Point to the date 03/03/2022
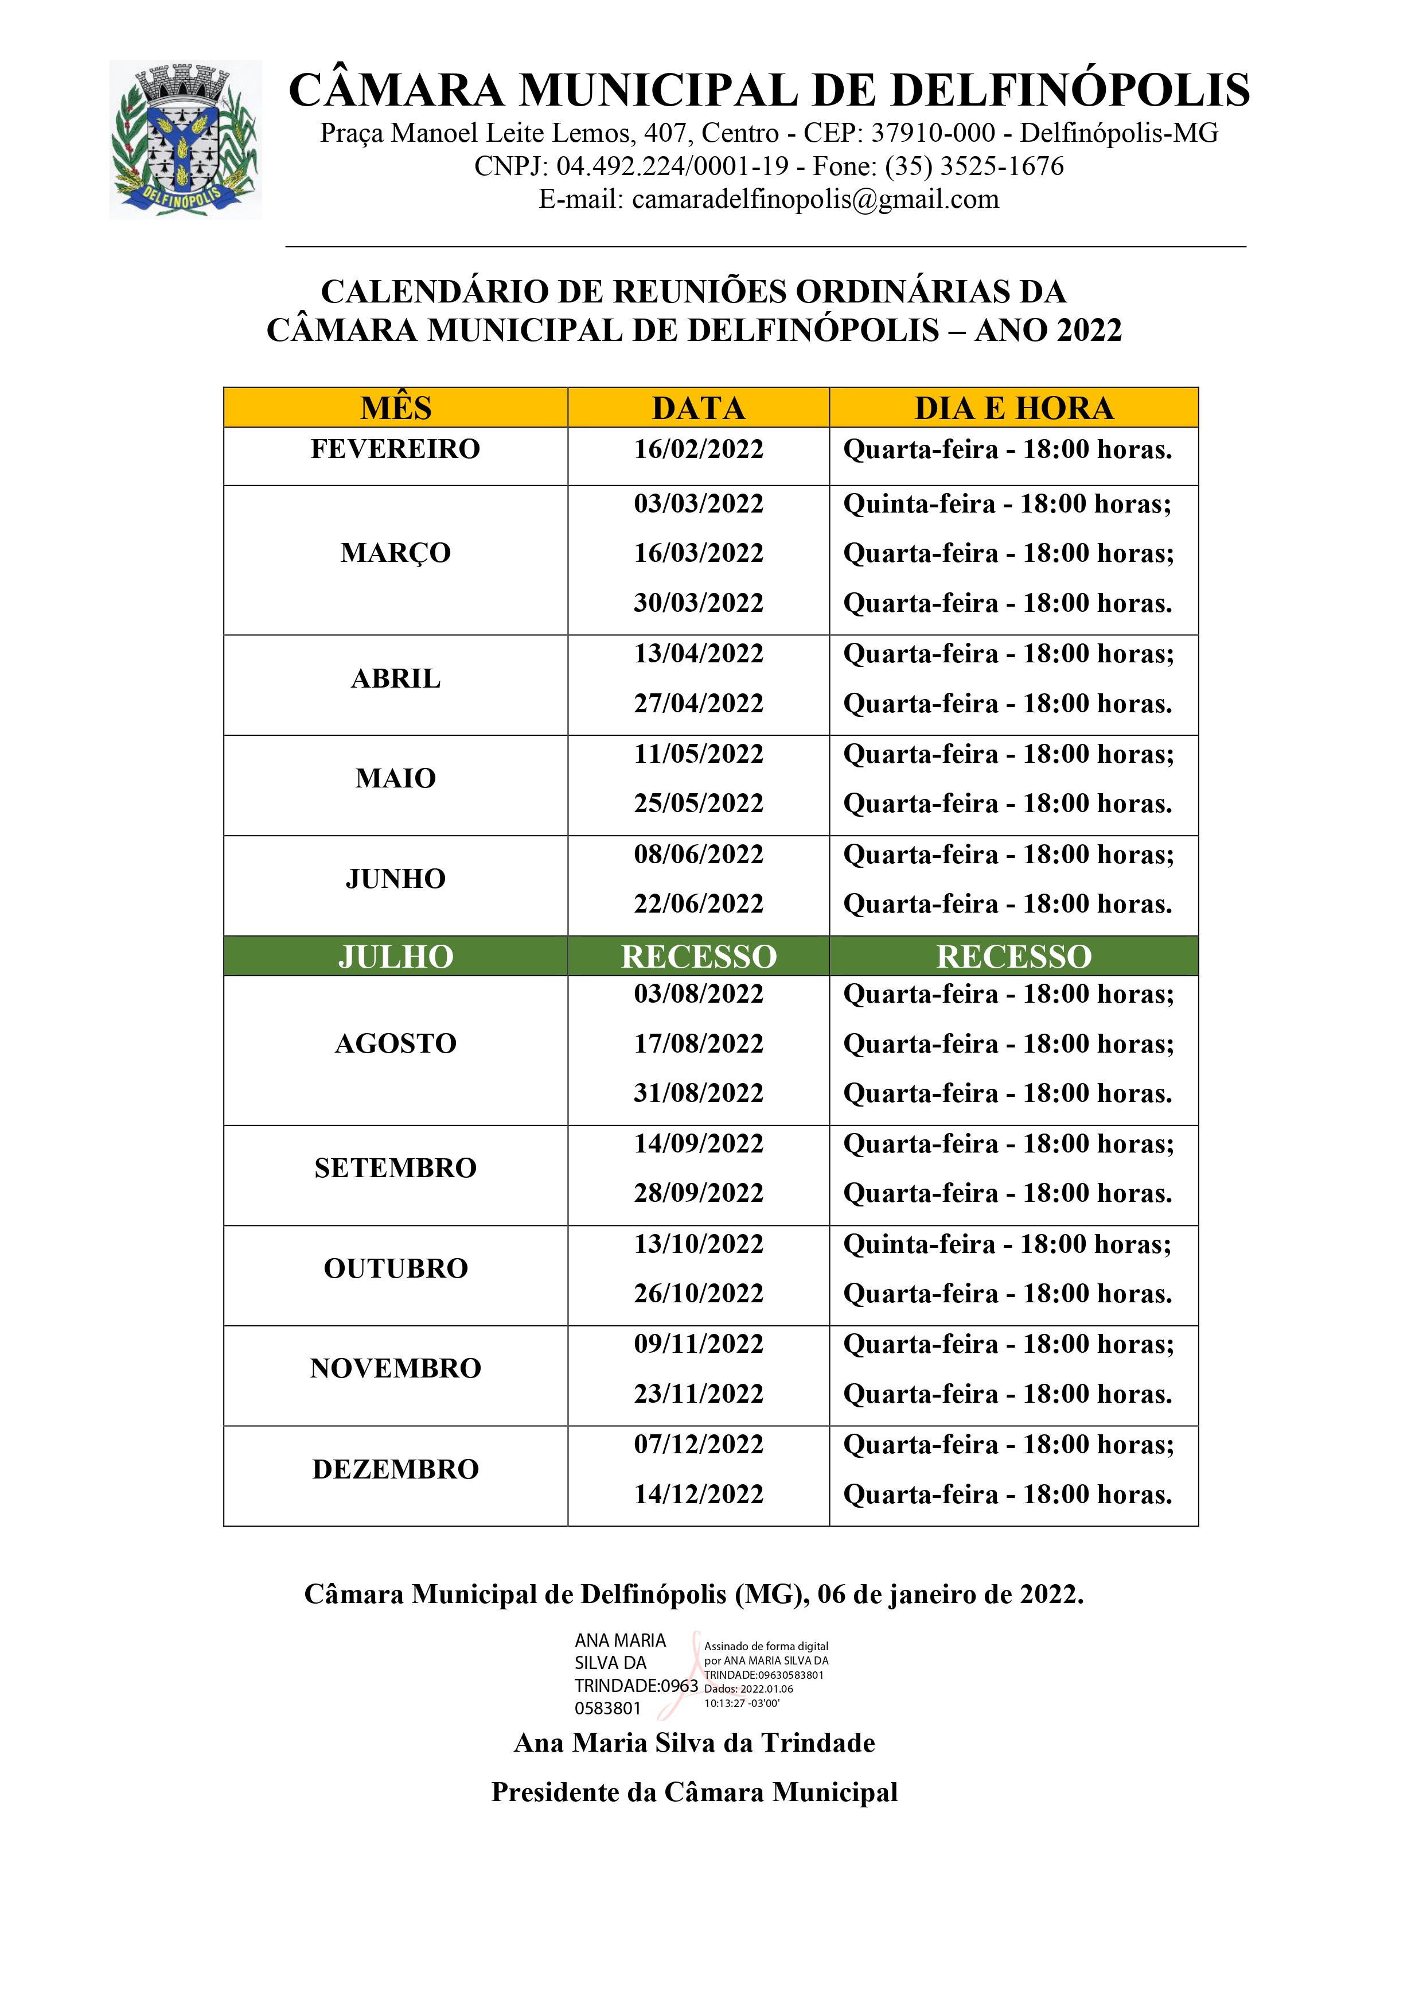click(x=699, y=505)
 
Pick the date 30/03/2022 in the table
click(x=699, y=603)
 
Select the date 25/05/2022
click(x=699, y=804)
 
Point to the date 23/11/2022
click(x=699, y=1394)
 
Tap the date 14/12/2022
click(x=699, y=1495)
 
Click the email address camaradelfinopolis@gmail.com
click(x=816, y=200)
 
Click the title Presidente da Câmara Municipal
click(x=695, y=1792)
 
